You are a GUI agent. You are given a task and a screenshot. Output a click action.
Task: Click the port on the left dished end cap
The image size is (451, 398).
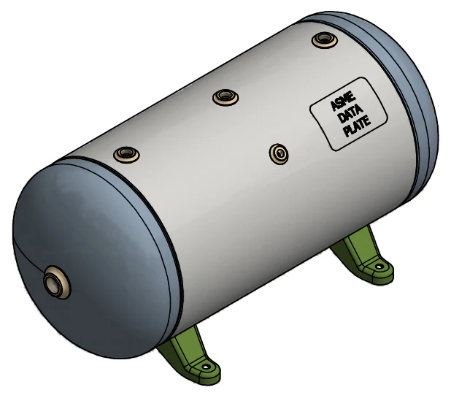(57, 282)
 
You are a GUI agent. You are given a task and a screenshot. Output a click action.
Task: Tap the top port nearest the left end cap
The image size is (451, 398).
(126, 155)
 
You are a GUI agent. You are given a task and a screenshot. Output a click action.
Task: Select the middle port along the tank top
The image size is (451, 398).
(225, 97)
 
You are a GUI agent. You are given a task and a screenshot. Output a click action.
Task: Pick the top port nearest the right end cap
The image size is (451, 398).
(325, 39)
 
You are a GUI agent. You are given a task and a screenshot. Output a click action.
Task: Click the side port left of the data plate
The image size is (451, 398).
(279, 154)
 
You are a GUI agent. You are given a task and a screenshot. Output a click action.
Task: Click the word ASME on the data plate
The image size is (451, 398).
(343, 102)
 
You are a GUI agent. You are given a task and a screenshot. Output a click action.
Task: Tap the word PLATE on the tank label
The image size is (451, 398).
(358, 126)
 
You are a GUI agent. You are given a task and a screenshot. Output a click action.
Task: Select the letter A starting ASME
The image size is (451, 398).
(334, 106)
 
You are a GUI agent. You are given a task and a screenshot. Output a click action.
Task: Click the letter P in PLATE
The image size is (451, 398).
(348, 132)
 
